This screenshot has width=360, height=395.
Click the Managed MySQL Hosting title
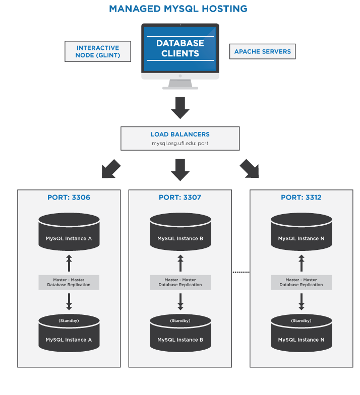pyautogui.click(x=178, y=9)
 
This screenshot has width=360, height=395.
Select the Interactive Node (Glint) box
pyautogui.click(x=98, y=51)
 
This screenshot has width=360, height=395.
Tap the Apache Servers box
pyautogui.click(x=262, y=51)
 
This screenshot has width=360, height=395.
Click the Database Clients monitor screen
pyautogui.click(x=180, y=48)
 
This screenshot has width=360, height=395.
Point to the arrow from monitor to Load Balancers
pyautogui.click(x=180, y=107)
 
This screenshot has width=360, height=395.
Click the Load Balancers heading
pyautogui.click(x=180, y=135)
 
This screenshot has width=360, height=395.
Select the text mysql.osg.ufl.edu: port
pyautogui.click(x=180, y=143)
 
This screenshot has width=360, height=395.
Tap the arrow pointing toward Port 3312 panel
pyautogui.click(x=249, y=169)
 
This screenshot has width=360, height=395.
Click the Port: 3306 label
pyautogui.click(x=69, y=197)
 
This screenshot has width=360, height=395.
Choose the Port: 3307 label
pyautogui.click(x=180, y=197)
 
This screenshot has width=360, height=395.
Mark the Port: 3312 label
pyautogui.click(x=301, y=197)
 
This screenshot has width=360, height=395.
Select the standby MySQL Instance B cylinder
pyautogui.click(x=180, y=333)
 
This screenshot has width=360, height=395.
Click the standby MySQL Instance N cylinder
pyautogui.click(x=301, y=333)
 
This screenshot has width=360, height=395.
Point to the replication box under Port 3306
pyautogui.click(x=69, y=282)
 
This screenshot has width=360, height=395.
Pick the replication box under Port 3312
pyautogui.click(x=301, y=282)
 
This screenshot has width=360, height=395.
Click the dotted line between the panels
pyautogui.click(x=241, y=273)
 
